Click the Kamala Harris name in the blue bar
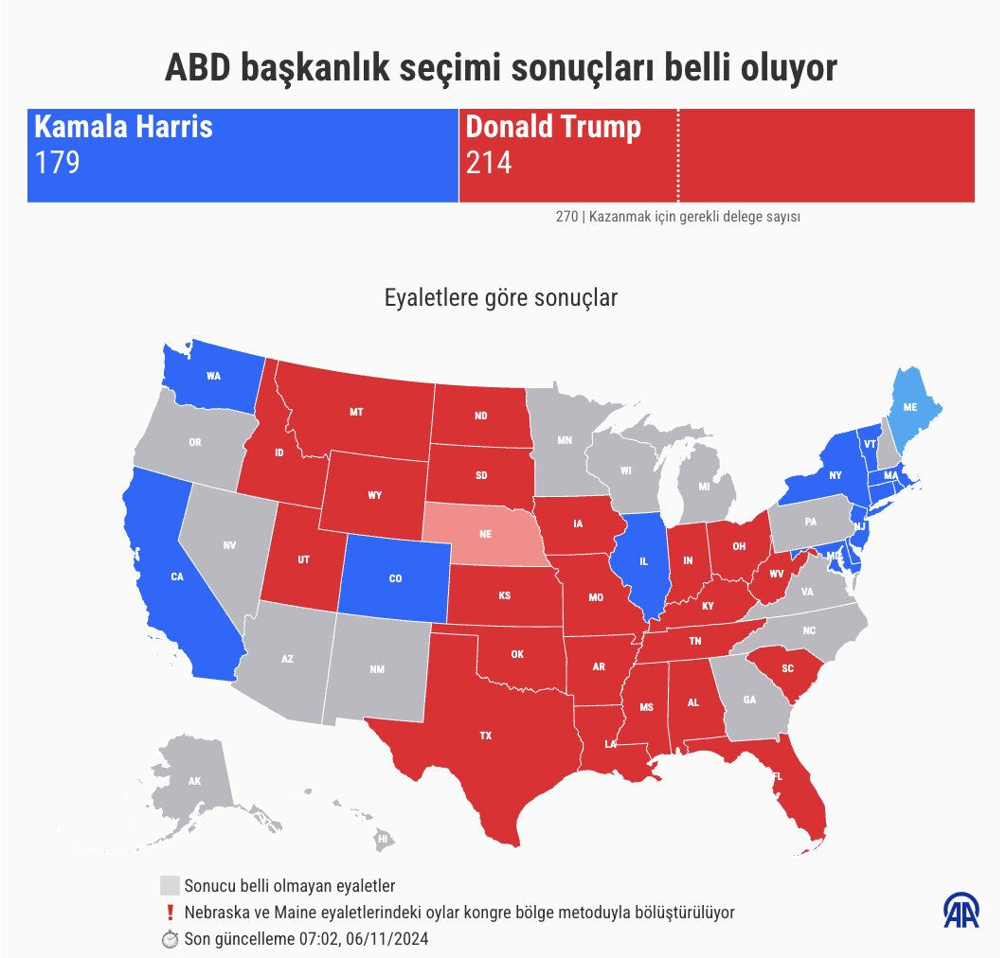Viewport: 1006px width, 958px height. tap(123, 127)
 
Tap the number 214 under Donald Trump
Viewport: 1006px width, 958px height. tap(489, 164)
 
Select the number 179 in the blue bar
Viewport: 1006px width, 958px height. tap(57, 164)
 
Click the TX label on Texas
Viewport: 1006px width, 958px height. tap(485, 736)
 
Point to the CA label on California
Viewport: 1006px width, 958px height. tap(177, 577)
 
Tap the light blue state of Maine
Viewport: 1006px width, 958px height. tap(909, 407)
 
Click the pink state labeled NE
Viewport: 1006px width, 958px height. tap(485, 534)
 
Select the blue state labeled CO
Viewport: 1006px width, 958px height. tap(395, 578)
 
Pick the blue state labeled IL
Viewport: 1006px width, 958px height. tap(643, 561)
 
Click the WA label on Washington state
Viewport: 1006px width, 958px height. tap(213, 376)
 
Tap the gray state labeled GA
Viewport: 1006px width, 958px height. tap(750, 701)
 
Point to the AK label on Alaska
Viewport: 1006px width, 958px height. tap(194, 782)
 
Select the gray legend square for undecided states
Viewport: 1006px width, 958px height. tap(170, 886)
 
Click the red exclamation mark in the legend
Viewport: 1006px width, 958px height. tap(170, 913)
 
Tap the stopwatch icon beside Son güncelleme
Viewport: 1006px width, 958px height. tap(170, 939)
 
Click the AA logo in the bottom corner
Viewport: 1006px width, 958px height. tap(961, 910)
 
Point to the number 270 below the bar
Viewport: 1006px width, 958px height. tap(566, 217)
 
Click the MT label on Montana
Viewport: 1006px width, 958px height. tap(356, 412)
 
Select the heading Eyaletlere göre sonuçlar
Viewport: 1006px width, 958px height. tap(501, 298)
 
